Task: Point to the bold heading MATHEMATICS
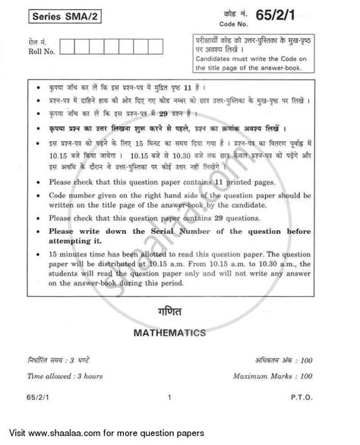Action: (x=179, y=354)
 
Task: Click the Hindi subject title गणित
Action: (x=178, y=332)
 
